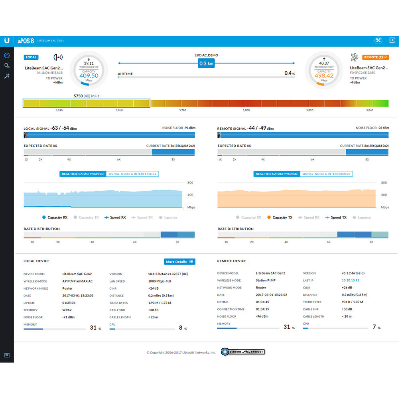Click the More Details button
[179, 262]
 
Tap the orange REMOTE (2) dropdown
[375, 57]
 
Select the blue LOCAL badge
[31, 57]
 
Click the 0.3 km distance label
[206, 63]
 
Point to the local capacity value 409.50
[89, 75]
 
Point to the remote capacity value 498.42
[324, 75]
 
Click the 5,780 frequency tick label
[183, 110]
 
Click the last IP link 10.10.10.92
[350, 280]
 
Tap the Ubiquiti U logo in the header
[7, 41]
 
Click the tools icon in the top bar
[378, 41]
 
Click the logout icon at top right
[392, 41]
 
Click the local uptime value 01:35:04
[69, 303]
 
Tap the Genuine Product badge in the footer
[243, 352]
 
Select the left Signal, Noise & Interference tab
[132, 174]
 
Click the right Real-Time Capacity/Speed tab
[277, 174]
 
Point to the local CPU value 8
[181, 328]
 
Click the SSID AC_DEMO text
[207, 55]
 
